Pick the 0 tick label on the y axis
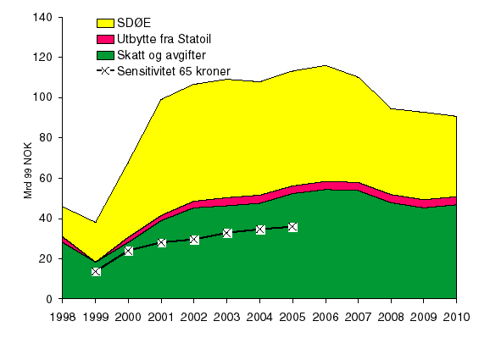(x=49, y=300)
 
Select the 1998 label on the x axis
(x=62, y=318)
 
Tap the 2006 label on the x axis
(x=326, y=318)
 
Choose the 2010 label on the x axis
(x=457, y=318)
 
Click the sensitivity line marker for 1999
(x=96, y=272)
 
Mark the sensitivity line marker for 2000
(x=129, y=251)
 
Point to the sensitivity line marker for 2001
(x=161, y=243)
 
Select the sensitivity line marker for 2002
(x=194, y=240)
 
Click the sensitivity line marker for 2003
(x=227, y=233)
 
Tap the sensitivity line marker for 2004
(x=260, y=230)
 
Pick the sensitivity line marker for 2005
(x=292, y=227)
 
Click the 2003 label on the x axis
(x=227, y=318)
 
